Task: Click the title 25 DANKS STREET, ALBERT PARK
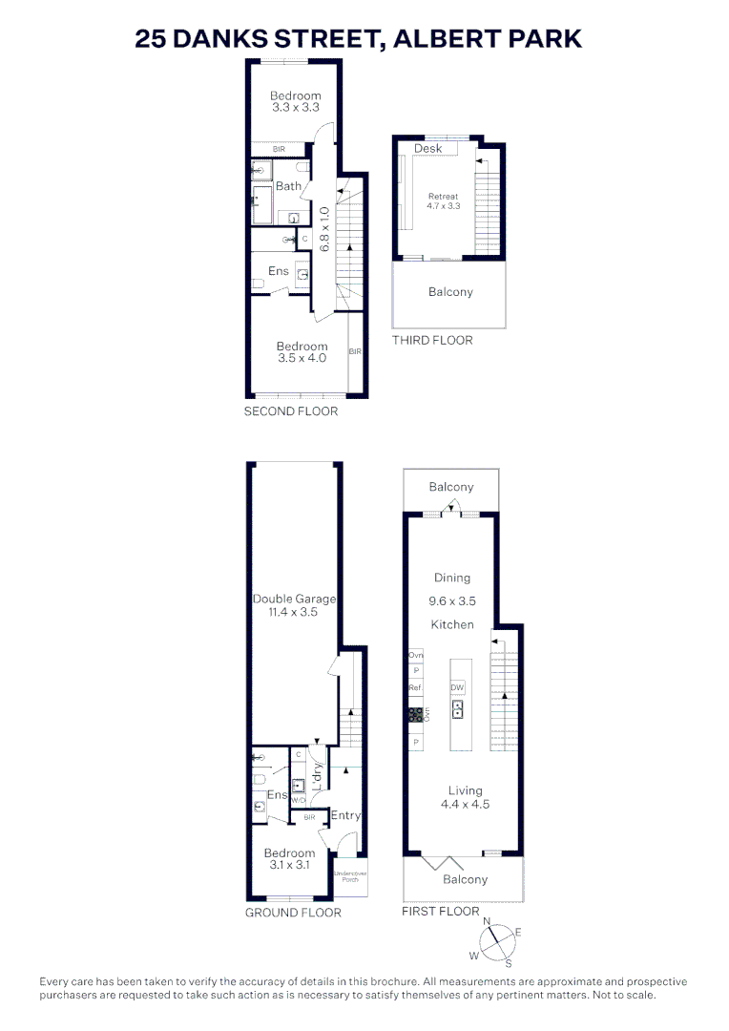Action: (x=359, y=39)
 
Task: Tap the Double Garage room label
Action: (x=294, y=600)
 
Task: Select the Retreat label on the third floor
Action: (x=444, y=197)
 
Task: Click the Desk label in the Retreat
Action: (x=427, y=149)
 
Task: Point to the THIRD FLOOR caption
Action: (x=432, y=340)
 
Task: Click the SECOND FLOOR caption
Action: (x=291, y=411)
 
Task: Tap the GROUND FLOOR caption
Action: (x=293, y=913)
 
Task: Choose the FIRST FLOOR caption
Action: (x=441, y=912)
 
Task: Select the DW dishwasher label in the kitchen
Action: (x=457, y=687)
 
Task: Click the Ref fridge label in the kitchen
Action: (x=415, y=687)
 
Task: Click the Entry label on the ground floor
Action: (x=345, y=815)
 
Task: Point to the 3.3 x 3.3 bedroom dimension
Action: (x=295, y=109)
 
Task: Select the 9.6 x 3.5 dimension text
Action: (x=452, y=601)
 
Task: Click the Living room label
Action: (x=463, y=790)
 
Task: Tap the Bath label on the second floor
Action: (x=288, y=186)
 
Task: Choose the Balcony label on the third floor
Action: (x=450, y=292)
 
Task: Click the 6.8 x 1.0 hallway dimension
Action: (x=324, y=229)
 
